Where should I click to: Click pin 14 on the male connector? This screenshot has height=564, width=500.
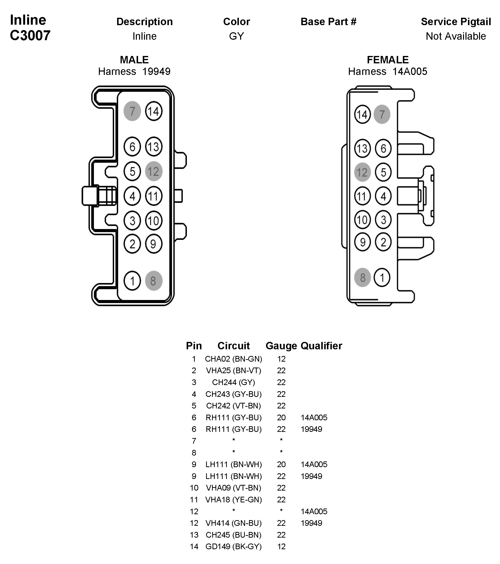point(154,111)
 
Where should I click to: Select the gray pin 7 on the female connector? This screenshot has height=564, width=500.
point(382,114)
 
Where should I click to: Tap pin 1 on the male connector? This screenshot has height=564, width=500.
point(132,281)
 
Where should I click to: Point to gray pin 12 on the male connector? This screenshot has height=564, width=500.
point(154,171)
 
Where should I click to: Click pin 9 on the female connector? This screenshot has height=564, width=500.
point(362,242)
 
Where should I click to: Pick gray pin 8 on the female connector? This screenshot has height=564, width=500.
point(362,278)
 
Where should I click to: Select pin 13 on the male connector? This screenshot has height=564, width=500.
point(154,146)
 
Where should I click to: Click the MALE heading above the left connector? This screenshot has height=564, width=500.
point(134,60)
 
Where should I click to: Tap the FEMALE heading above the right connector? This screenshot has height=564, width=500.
point(387,60)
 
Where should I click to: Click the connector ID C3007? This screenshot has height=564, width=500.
point(30,35)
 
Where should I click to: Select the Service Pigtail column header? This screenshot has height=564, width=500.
point(456,21)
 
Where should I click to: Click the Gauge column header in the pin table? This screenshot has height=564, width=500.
point(281,346)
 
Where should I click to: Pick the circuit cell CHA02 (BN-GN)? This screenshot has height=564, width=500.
point(233,359)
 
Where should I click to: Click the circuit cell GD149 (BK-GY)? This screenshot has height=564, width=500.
point(233,546)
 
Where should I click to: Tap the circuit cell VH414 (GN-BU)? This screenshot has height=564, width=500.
point(233,523)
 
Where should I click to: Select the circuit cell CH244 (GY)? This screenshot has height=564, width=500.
point(233,382)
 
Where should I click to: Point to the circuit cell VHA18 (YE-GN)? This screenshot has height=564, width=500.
point(233,499)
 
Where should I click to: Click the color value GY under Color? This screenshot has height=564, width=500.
point(236,36)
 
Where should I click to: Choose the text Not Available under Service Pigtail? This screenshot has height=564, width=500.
point(456,36)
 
